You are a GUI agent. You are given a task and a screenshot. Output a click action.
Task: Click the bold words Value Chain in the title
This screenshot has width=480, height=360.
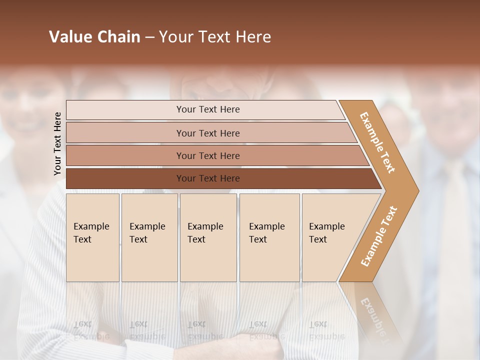(x=94, y=37)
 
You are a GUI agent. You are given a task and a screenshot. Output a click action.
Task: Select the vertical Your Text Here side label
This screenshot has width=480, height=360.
(x=57, y=143)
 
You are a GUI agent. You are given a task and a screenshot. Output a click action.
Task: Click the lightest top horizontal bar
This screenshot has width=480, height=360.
(x=205, y=109)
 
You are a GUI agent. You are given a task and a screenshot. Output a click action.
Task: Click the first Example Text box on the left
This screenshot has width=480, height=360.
(x=92, y=237)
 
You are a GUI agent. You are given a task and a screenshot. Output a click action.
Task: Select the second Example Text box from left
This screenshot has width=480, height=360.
(x=149, y=237)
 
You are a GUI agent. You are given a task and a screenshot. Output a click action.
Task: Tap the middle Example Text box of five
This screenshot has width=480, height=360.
(x=208, y=237)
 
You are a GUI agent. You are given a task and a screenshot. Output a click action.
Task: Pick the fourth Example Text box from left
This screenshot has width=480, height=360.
(x=269, y=237)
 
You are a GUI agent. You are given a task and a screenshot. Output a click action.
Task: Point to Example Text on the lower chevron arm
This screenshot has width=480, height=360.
(x=378, y=236)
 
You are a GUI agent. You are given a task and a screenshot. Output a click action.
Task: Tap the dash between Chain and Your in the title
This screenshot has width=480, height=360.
(x=149, y=37)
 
